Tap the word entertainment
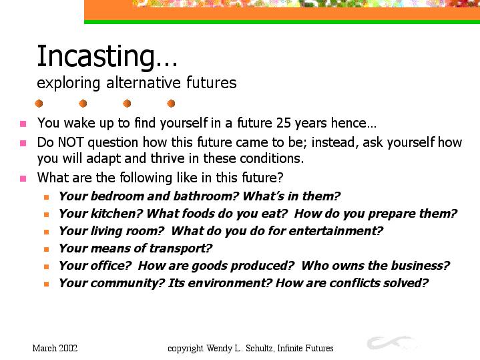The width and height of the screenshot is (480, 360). coord(336,231)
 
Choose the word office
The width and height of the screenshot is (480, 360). coord(111,266)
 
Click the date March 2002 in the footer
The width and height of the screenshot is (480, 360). coord(55,349)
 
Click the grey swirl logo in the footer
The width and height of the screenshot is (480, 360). coord(393,343)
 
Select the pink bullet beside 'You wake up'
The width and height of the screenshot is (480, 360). coord(23,124)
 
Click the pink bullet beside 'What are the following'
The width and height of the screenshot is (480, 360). coord(23,178)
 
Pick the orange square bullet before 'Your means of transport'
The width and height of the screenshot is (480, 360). coord(47,249)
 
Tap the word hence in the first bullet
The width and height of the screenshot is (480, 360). coord(348,123)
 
